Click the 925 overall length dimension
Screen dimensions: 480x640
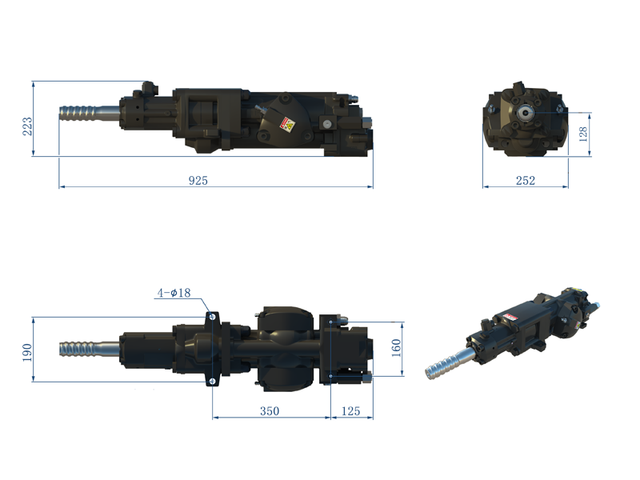(x=198, y=181)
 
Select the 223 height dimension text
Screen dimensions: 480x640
(x=27, y=126)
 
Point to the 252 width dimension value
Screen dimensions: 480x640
(x=525, y=181)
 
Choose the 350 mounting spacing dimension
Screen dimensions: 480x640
(x=270, y=411)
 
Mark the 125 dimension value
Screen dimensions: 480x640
(x=351, y=411)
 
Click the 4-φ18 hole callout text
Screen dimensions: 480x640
(x=174, y=294)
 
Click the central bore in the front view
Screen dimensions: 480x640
(x=529, y=113)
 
